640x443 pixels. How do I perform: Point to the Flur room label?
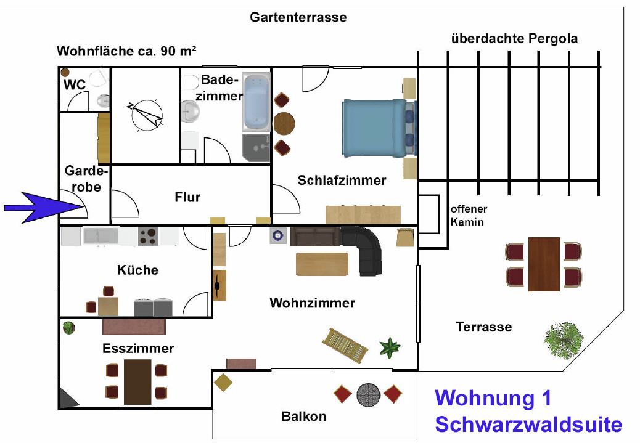(x=187, y=197)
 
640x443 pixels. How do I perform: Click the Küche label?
(x=137, y=270)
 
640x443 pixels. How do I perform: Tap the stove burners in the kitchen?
(x=149, y=237)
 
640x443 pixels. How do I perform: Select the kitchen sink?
(x=101, y=236)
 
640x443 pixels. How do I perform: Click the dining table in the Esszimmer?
(x=137, y=381)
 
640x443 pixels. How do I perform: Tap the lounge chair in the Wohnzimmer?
(x=346, y=344)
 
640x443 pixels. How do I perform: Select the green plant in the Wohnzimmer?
(x=390, y=347)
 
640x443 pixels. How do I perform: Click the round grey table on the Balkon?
(x=368, y=394)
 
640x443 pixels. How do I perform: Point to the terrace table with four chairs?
(x=544, y=263)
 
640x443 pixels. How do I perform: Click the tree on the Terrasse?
(x=564, y=338)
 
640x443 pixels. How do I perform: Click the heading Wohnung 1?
(x=493, y=398)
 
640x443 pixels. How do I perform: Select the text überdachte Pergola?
(x=514, y=39)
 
